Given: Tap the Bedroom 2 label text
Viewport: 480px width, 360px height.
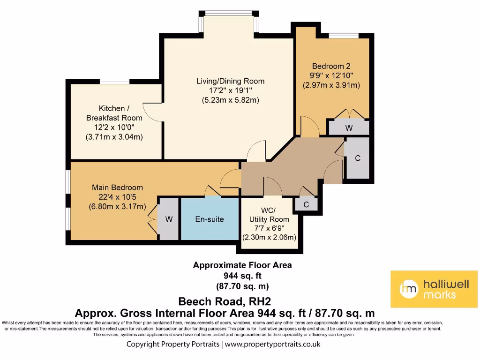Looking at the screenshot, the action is tap(331, 66).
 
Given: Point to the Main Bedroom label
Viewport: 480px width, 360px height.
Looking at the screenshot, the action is tap(118, 187).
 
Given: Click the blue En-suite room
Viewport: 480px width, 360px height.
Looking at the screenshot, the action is tap(210, 219).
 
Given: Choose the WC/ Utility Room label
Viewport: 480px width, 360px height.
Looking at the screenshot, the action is tap(269, 215).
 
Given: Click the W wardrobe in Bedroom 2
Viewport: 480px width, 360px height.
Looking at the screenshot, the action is tap(349, 127).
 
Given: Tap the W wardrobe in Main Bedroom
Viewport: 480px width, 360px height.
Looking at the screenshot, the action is tap(169, 219).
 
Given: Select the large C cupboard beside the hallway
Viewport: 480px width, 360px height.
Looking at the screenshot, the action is tap(358, 158).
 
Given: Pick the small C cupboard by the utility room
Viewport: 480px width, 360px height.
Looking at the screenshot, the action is tap(306, 205).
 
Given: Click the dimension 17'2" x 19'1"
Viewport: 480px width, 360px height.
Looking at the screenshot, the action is tap(230, 90).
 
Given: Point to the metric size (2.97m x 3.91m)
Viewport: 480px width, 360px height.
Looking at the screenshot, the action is tap(331, 85).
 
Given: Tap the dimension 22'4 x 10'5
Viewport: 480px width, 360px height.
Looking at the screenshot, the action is tap(118, 197).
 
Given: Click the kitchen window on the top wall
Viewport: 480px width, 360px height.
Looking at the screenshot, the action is tap(114, 82).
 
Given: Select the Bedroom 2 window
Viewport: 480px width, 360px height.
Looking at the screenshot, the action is tap(344, 36).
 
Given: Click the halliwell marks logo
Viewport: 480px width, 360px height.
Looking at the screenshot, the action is tap(434, 289).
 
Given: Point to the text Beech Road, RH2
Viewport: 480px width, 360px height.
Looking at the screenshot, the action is tap(225, 301).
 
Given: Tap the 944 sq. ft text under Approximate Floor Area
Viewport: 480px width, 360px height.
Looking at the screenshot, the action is tap(242, 276).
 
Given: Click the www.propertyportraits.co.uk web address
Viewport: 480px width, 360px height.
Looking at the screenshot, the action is tap(272, 345).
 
